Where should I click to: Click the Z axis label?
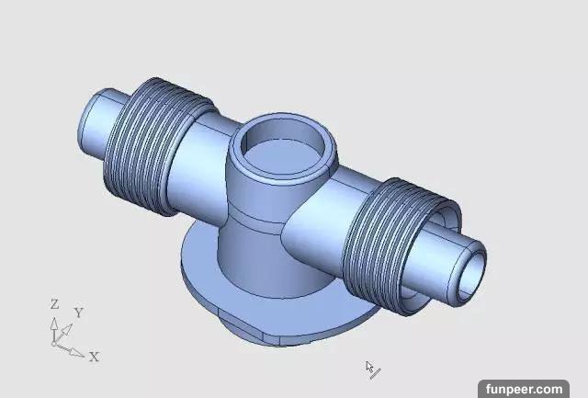click(55, 304)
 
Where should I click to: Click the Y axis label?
click(79, 313)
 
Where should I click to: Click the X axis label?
click(95, 357)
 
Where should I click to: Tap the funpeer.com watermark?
click(524, 390)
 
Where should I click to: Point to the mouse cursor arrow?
click(369, 367)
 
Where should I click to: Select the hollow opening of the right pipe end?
click(470, 274)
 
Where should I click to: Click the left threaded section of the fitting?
click(157, 145)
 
